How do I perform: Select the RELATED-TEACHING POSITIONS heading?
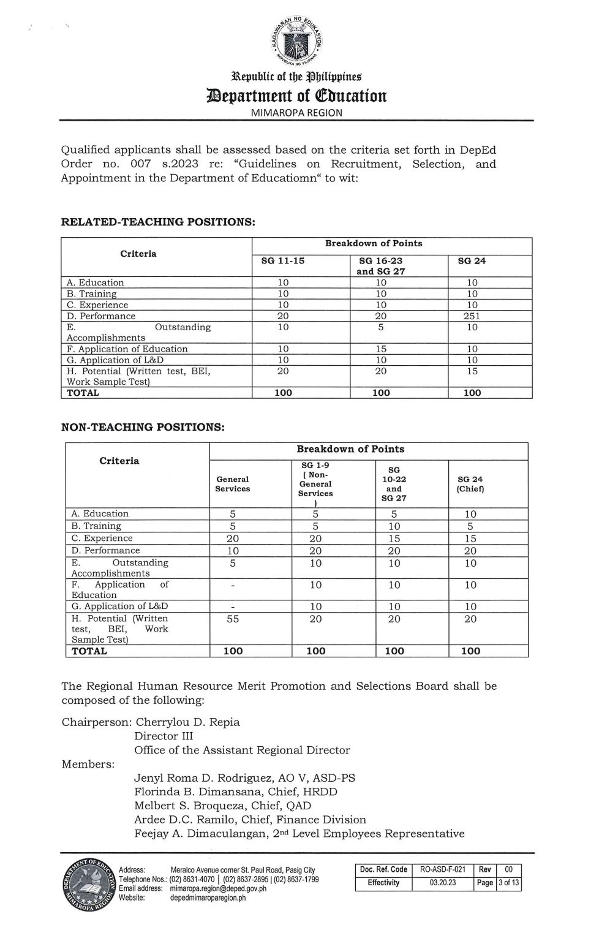tap(158, 222)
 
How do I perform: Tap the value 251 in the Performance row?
tap(472, 316)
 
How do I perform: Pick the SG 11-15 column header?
tap(283, 261)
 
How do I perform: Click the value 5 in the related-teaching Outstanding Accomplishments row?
tap(381, 327)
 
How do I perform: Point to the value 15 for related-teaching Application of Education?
tap(381, 349)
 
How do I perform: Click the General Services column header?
tap(233, 484)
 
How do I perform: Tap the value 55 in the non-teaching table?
tap(233, 619)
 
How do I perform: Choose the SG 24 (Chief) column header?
tap(470, 484)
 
